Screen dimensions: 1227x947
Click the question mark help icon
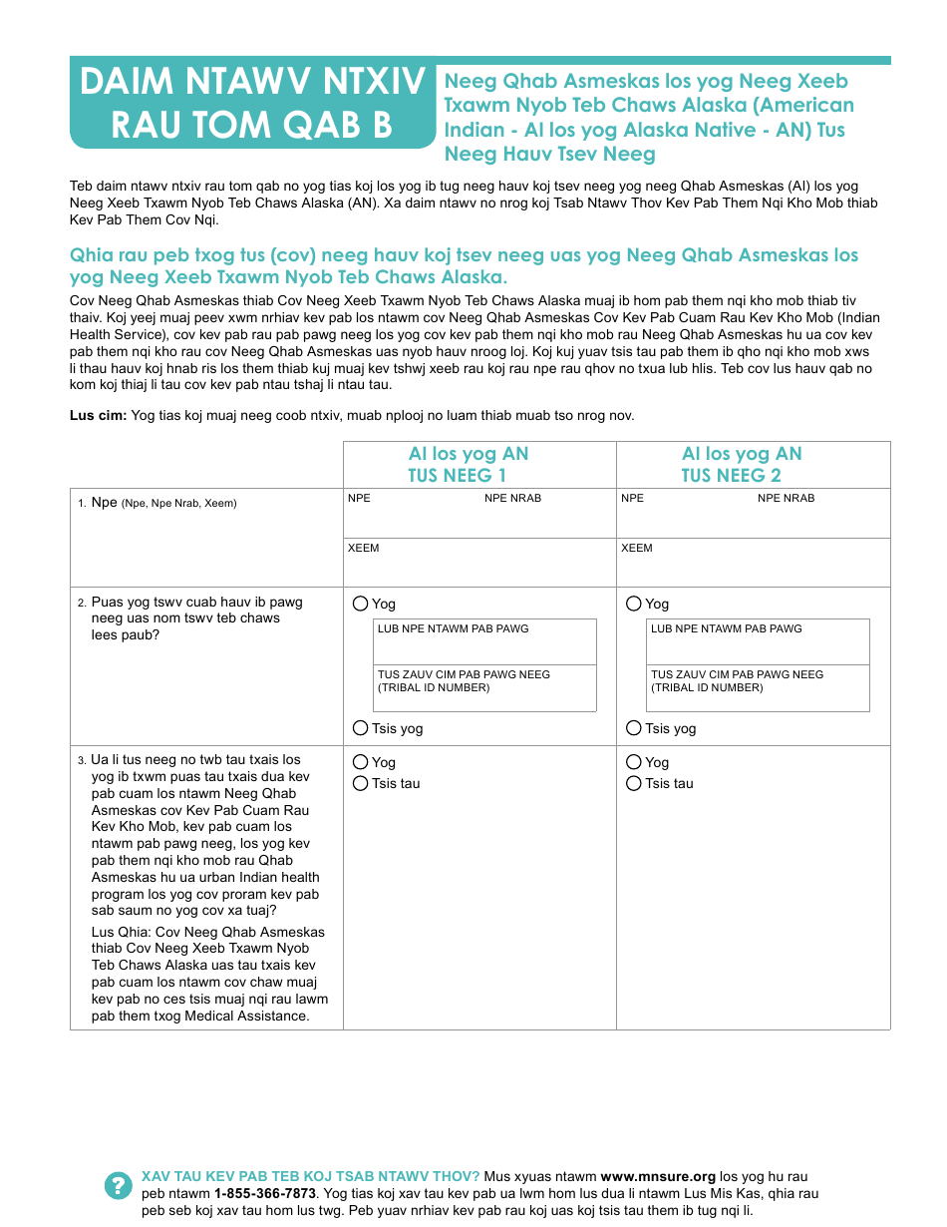(118, 1185)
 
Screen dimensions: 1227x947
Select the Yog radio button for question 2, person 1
(360, 604)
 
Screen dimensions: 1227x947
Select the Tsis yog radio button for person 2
(634, 728)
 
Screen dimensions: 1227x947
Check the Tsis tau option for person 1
(360, 783)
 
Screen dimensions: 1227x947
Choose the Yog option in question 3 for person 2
(634, 762)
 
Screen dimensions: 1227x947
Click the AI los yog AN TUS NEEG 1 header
(469, 465)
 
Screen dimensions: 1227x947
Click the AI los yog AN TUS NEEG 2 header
(742, 465)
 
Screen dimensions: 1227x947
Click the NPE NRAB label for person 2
(786, 498)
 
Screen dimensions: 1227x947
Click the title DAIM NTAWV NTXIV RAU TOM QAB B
(251, 103)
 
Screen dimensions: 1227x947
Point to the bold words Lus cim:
(98, 416)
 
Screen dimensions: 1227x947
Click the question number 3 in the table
(82, 761)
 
